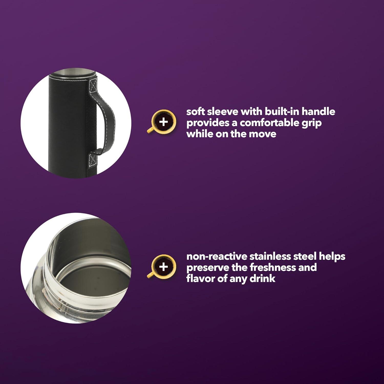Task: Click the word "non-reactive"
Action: (x=217, y=256)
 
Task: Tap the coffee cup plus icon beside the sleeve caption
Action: (x=162, y=121)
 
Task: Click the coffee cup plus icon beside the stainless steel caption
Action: (x=162, y=266)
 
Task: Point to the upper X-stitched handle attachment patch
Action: (x=93, y=86)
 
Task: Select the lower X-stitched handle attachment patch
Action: (x=93, y=159)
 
